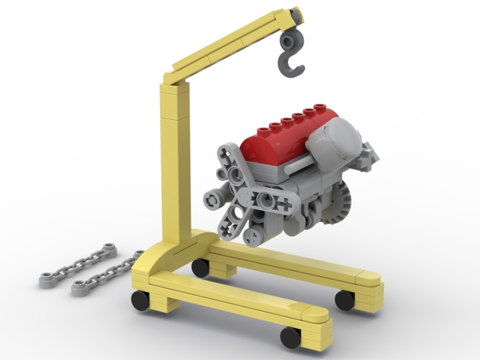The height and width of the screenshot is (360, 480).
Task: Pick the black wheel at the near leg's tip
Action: tap(291, 337)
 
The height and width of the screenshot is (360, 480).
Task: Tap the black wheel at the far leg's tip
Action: tap(345, 300)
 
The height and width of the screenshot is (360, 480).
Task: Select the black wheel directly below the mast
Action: tap(200, 267)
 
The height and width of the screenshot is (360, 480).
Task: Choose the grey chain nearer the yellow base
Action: tap(107, 273)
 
